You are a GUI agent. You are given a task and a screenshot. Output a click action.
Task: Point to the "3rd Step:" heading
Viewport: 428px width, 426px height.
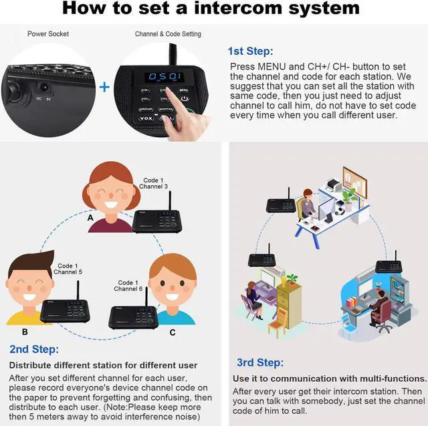[x=260, y=362]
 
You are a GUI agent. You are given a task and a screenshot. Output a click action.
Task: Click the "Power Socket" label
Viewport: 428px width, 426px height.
[x=47, y=33]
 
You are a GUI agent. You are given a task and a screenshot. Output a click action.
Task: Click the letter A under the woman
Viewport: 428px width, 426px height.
[x=90, y=217]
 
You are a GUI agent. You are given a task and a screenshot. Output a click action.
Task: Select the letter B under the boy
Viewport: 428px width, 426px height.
[x=25, y=331]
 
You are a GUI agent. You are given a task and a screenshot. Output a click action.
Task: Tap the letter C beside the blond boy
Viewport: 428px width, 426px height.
[x=172, y=332]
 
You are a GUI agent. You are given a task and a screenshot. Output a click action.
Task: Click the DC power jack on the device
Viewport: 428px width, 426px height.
[x=45, y=87]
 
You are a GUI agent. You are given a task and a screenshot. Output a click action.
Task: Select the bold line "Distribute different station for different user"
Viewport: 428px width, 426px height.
[x=103, y=365]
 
